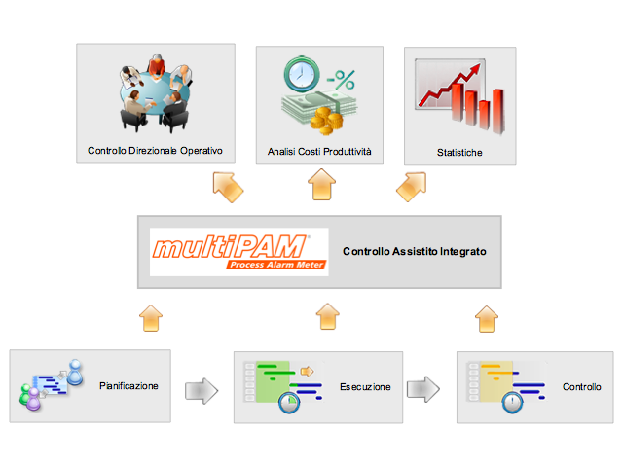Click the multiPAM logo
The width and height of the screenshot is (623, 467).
(x=239, y=252)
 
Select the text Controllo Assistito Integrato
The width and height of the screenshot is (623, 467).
(x=415, y=251)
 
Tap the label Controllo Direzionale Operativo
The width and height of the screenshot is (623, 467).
(x=155, y=151)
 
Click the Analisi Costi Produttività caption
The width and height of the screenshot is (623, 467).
(x=319, y=152)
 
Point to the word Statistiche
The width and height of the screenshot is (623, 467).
(x=459, y=153)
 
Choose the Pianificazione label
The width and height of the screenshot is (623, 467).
(x=128, y=386)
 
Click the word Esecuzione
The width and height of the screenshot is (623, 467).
(x=365, y=387)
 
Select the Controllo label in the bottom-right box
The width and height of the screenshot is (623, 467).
(x=582, y=387)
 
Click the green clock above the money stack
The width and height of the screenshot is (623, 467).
(x=302, y=74)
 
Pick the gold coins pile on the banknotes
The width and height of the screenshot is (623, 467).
(x=327, y=121)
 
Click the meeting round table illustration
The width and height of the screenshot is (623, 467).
(x=156, y=93)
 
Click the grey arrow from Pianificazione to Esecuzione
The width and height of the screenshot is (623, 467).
(x=202, y=391)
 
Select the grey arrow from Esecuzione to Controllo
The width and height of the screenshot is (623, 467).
(x=423, y=389)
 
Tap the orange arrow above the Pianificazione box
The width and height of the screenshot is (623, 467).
(x=151, y=318)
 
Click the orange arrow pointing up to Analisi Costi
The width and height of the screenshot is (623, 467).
(x=322, y=184)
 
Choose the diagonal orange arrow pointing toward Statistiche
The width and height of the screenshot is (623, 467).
(x=413, y=186)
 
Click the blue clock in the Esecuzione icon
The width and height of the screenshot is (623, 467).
(x=289, y=403)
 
